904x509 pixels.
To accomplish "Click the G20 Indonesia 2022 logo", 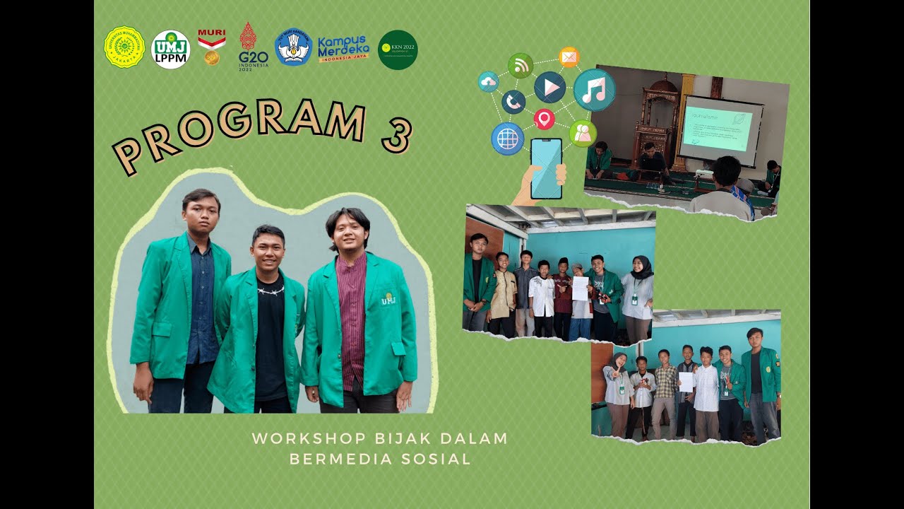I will (x=253, y=47).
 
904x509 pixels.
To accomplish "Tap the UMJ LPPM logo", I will (x=171, y=49).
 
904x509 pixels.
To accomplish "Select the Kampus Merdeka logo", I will (x=343, y=49).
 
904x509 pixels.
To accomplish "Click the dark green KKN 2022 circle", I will (x=398, y=49).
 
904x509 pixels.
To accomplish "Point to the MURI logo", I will (x=212, y=47).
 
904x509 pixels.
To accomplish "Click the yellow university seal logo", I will (x=124, y=47).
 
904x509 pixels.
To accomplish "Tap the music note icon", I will (x=594, y=90).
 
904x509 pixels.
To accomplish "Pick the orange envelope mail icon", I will (x=569, y=57).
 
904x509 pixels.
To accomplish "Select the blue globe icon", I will (x=507, y=139).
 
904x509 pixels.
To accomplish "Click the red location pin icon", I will (x=544, y=118).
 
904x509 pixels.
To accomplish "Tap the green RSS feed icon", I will (x=521, y=66).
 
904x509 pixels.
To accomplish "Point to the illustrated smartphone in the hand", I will (x=546, y=168).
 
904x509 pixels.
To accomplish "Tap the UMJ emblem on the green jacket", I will (x=388, y=300).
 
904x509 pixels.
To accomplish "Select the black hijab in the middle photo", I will (x=641, y=267).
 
